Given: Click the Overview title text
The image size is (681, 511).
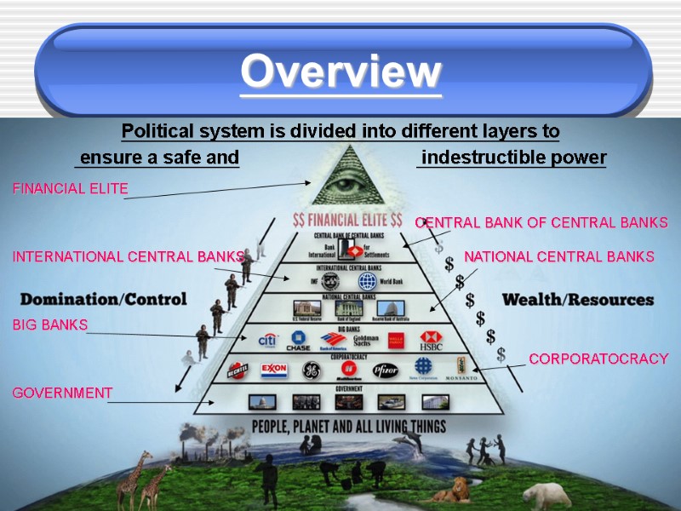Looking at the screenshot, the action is coord(340,72).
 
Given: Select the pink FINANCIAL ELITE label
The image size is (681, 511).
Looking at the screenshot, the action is coord(70,189).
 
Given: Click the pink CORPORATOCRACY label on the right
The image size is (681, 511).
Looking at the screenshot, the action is coord(598,359).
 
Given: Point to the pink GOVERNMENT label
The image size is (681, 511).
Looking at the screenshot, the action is coord(62,393).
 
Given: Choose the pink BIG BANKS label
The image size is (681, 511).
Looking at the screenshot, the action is coord(49,324).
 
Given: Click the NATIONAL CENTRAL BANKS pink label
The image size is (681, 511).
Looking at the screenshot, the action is coord(558,256).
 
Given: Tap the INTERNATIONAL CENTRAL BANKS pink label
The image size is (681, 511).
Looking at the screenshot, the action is coord(128,256).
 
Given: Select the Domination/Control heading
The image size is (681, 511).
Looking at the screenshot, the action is coord(103,300).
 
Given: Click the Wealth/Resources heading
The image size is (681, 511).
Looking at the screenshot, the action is coord(578,300).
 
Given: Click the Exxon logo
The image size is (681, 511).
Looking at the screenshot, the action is coord(273,370).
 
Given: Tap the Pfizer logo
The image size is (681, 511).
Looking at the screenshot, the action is coord(385,370).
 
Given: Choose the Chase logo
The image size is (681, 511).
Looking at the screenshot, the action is coord(298,342).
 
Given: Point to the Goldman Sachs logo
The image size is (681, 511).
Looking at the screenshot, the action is coord(366,341).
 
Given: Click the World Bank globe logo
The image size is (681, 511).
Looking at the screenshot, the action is coord(367,281).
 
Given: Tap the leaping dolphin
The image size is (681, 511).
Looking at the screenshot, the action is coord(412,439).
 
